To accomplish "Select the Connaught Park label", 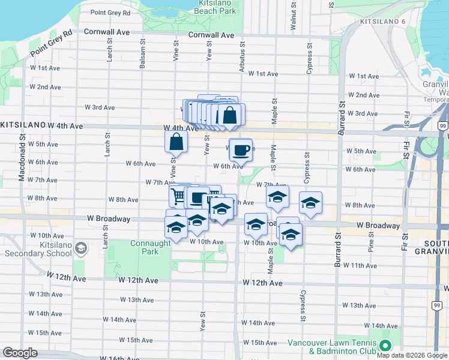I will (x=144, y=247).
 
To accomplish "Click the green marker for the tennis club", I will (x=385, y=346).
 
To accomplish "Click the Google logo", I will (x=20, y=353).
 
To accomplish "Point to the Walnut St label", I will (x=294, y=16).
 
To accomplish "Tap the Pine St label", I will (x=372, y=244).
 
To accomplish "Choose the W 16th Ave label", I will (x=121, y=358).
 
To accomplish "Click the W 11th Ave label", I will (x=364, y=265).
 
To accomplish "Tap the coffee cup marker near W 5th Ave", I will (x=241, y=150).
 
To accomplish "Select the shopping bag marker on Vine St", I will (x=176, y=142).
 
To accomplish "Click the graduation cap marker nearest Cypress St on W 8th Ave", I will (x=310, y=203).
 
